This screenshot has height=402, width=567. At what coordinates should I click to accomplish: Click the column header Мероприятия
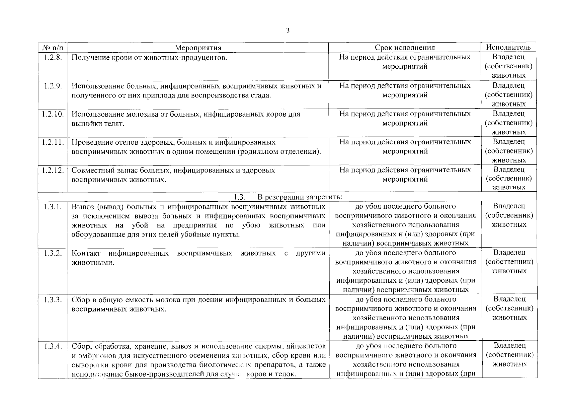pos(198,48)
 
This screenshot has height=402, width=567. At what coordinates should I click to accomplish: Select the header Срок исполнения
pos(405,48)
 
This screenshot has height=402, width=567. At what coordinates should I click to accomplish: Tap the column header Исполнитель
pos(508,47)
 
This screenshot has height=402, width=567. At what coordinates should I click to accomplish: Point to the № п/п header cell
pos(53,48)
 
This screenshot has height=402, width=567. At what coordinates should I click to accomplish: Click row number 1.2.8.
pos(53,57)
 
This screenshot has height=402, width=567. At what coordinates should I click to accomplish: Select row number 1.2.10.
pos(53,114)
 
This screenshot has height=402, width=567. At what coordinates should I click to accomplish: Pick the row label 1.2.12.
pos(53,170)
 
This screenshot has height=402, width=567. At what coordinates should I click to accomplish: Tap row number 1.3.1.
pos(53,206)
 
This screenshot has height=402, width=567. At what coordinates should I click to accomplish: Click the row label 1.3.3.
pos(53,299)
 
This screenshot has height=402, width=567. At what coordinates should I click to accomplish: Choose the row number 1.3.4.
pos(53,346)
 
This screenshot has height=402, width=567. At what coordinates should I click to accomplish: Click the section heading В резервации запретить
pos(300,197)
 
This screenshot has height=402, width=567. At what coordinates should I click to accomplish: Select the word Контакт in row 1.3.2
pos(86,253)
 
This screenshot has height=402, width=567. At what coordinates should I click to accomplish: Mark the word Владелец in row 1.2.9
pos(508,85)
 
